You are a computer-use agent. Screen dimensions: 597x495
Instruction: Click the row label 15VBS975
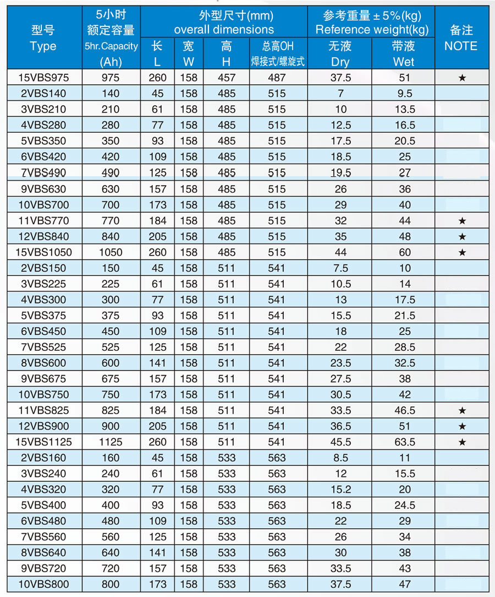pyautogui.click(x=43, y=78)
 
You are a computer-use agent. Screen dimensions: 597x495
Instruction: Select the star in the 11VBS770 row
pyautogui.click(x=462, y=221)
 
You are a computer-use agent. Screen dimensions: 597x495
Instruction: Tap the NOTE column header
pyautogui.click(x=461, y=46)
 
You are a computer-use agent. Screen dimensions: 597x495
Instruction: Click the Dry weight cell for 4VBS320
pyautogui.click(x=340, y=489)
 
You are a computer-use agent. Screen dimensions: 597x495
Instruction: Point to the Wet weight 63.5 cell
pyautogui.click(x=404, y=442)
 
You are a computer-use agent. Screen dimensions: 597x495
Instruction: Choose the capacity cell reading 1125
pyautogui.click(x=111, y=442)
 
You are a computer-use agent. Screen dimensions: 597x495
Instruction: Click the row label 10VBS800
pyautogui.click(x=43, y=584)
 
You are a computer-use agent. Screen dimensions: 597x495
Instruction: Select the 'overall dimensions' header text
pyautogui.click(x=224, y=30)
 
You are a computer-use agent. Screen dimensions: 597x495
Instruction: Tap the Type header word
pyautogui.click(x=43, y=46)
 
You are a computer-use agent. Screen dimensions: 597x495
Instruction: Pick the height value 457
pyautogui.click(x=226, y=78)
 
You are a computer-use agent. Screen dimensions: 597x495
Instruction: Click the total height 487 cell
pyautogui.click(x=277, y=78)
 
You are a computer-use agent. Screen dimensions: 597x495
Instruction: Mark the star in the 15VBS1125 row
pyautogui.click(x=462, y=442)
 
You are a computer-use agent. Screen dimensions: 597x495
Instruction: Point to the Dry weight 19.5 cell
pyautogui.click(x=340, y=173)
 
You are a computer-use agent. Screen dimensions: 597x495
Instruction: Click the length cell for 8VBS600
pyautogui.click(x=158, y=363)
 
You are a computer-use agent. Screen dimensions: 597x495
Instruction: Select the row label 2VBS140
pyautogui.click(x=43, y=94)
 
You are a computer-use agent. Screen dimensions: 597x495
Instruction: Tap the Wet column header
pyautogui.click(x=404, y=62)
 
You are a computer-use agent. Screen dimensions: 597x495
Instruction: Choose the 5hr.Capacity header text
pyautogui.click(x=111, y=46)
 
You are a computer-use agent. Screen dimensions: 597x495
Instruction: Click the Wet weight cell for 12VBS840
pyautogui.click(x=404, y=236)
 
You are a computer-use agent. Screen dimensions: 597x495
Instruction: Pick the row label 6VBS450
pyautogui.click(x=43, y=331)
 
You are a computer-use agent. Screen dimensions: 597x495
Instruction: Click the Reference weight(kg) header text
pyautogui.click(x=372, y=30)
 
